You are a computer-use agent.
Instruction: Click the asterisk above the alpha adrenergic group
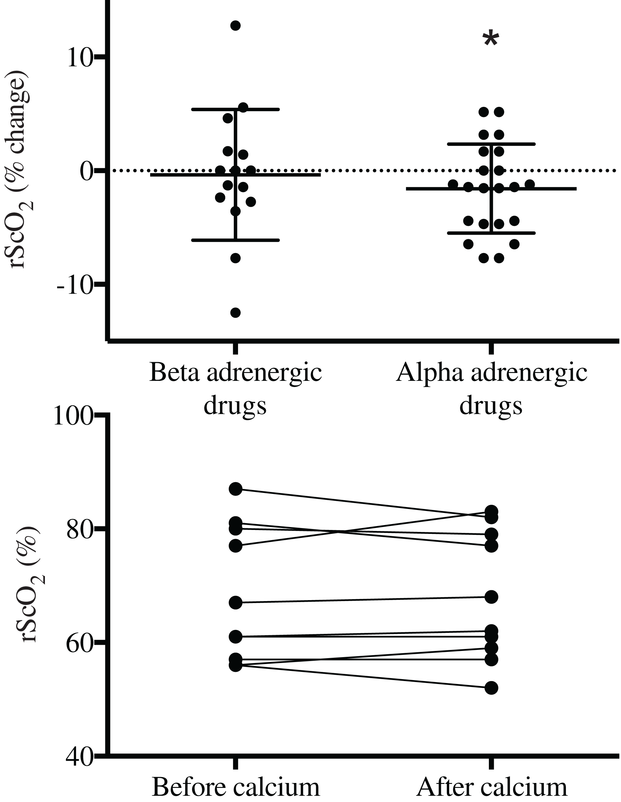point(491,39)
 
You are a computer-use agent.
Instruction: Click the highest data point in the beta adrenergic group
point(235,26)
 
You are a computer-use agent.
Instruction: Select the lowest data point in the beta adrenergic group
point(235,312)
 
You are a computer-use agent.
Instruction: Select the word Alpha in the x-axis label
point(430,373)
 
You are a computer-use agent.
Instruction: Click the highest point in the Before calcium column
point(235,489)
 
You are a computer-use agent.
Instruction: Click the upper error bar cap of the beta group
point(235,109)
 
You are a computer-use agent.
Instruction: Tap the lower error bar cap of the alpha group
point(491,233)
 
